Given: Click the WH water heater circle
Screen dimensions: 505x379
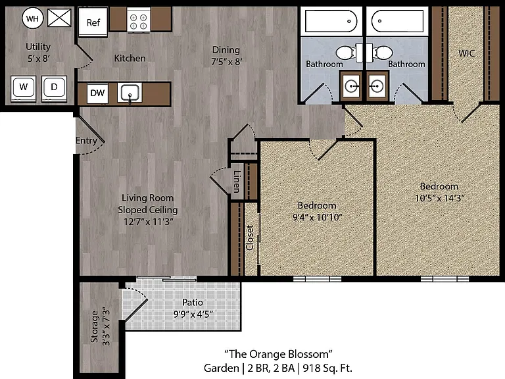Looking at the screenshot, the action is pos(32,18).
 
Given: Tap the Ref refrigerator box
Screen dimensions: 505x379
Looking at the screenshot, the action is pos(93,22).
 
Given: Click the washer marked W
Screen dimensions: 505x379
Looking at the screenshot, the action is pos(23,88).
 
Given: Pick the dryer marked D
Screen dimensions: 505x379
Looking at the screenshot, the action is pos(54,88).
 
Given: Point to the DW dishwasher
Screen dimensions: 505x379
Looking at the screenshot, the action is pos(97,93).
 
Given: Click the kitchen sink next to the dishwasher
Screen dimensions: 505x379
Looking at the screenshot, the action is pos(130,93).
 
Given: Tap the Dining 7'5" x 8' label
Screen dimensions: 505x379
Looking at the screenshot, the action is pos(226,55).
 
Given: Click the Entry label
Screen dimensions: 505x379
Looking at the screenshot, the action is pos(86,141).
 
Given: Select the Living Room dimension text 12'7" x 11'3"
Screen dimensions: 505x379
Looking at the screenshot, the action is pos(148,222).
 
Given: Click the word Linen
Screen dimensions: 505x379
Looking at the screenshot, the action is pos(237,182).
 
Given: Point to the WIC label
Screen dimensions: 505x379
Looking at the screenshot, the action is pos(467,53).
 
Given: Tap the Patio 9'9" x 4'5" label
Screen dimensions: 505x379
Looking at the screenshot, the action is pos(193,308).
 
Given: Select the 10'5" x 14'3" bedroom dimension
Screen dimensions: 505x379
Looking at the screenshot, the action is pos(440,198).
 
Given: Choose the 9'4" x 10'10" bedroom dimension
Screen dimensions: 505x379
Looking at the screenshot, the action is pos(317,217).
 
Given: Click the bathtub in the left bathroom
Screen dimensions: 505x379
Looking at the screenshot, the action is pos(331,21).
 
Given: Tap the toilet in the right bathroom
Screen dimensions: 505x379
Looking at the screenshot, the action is pos(383,53).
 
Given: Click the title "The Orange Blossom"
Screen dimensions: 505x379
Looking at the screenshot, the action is pos(278,354).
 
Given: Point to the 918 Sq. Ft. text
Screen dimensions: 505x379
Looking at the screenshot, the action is pos(327,368).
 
